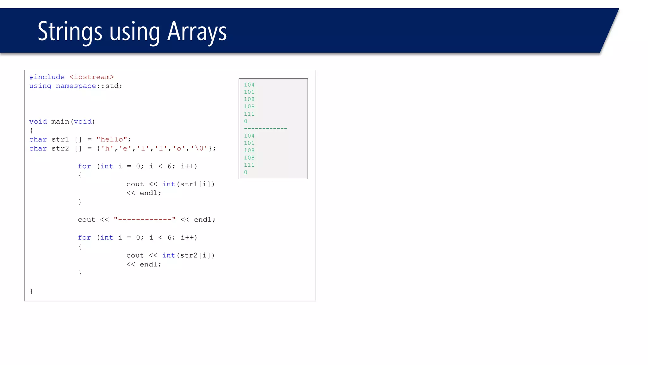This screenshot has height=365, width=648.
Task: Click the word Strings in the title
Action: [x=70, y=31]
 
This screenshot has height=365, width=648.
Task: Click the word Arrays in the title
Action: [x=197, y=31]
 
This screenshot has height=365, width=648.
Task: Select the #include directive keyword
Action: [x=47, y=77]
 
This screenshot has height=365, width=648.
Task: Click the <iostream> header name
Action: [x=91, y=77]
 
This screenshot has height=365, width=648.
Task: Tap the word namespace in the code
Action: [x=76, y=86]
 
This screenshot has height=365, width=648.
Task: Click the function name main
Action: [x=60, y=122]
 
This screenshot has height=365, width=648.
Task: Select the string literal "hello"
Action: [x=112, y=139]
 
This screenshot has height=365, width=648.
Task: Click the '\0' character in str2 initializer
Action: [x=199, y=148]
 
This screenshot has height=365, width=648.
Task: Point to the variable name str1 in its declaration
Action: [x=60, y=139]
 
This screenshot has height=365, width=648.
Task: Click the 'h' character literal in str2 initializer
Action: [x=107, y=148]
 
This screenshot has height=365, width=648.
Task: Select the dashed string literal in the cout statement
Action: [x=145, y=220]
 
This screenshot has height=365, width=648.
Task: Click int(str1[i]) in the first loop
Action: [x=188, y=184]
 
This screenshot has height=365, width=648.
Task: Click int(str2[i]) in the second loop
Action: [x=188, y=255]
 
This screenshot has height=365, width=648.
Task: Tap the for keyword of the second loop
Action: [x=84, y=238]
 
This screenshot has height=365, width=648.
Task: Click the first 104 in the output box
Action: [x=249, y=85]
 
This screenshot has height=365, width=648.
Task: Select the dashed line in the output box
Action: [x=265, y=128]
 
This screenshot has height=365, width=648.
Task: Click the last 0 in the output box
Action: [x=246, y=172]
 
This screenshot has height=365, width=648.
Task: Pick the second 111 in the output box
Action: [x=249, y=165]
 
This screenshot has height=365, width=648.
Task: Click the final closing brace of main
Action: [x=31, y=291]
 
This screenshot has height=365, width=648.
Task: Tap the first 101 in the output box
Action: [x=249, y=92]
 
